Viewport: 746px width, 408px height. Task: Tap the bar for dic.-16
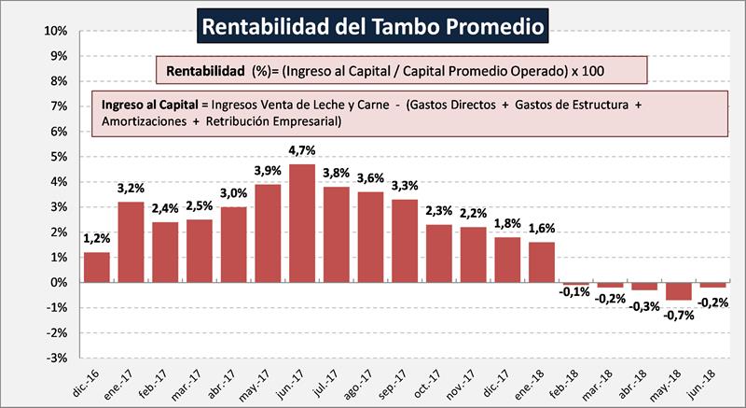96,267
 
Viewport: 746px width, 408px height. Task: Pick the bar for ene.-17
131,242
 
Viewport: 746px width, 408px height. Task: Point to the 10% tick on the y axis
54,31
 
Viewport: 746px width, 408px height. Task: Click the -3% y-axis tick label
54,358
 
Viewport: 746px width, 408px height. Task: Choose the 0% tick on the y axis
56,282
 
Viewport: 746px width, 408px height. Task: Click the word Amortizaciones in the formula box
144,122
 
